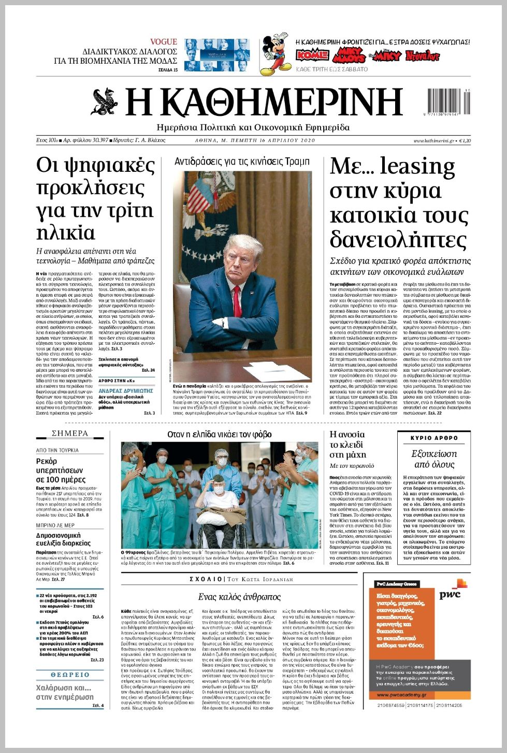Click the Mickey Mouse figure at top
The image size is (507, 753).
click(x=276, y=53)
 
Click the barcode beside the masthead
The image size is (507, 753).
click(x=449, y=102)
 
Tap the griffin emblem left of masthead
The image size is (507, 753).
click(x=106, y=101)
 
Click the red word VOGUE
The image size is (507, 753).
click(x=164, y=41)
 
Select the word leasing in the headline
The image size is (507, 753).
click(x=417, y=167)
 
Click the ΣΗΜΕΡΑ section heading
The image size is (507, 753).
click(x=70, y=433)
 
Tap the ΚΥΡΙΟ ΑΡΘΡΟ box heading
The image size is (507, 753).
click(x=434, y=438)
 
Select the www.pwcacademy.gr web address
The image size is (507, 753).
click(x=402, y=695)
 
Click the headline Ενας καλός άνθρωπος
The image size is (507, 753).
click(x=239, y=597)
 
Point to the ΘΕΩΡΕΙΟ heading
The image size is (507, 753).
click(x=70, y=675)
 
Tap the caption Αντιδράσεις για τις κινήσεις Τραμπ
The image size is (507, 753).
click(x=242, y=161)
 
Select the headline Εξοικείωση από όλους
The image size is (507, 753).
click(x=434, y=459)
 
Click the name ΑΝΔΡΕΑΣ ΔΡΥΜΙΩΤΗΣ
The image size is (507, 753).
click(x=126, y=391)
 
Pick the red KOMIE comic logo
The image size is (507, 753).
click(x=312, y=55)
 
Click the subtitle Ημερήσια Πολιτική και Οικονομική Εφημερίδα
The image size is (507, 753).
click(x=253, y=127)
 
